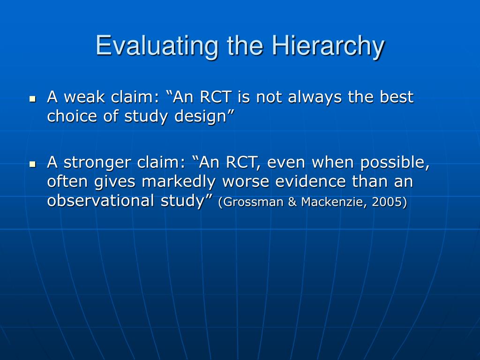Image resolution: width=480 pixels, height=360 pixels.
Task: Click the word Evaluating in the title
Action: (157, 45)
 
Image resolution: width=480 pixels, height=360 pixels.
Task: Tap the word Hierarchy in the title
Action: (328, 45)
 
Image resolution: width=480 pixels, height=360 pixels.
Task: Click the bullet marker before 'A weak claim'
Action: (32, 99)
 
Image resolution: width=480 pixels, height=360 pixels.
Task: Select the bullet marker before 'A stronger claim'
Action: (32, 165)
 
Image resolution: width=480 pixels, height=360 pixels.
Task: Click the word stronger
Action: (97, 163)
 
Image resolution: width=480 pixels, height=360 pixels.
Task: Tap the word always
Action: (315, 97)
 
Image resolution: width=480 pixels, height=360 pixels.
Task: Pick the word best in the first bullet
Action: (397, 97)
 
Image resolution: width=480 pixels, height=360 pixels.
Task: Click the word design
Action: (201, 117)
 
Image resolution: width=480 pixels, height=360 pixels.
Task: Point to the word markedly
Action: (179, 182)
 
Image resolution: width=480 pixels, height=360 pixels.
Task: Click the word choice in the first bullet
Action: (72, 116)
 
